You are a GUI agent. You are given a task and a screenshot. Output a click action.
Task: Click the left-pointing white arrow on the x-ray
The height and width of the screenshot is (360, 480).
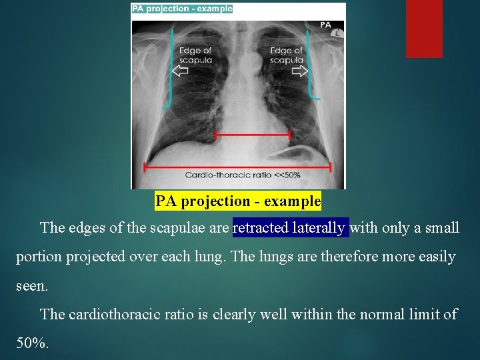click(x=180, y=71)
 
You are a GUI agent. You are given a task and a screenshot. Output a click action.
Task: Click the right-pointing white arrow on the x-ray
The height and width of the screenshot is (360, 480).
click(x=299, y=71)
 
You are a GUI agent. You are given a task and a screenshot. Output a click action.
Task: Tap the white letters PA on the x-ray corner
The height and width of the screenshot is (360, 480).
click(x=325, y=25)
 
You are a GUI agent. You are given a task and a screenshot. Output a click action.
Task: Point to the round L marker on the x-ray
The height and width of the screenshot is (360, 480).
click(x=339, y=33)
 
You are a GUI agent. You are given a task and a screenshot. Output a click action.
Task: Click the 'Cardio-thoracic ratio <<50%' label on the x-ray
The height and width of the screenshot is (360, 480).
click(x=243, y=175)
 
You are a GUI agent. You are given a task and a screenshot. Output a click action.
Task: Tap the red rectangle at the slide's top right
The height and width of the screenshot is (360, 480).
click(x=424, y=28)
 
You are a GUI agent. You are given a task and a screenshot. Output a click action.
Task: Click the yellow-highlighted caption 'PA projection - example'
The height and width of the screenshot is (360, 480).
click(x=238, y=201)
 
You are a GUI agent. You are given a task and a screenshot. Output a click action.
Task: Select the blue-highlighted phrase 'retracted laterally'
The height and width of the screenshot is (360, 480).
click(x=290, y=228)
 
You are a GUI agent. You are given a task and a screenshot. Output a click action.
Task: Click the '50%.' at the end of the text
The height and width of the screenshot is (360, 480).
click(x=32, y=343)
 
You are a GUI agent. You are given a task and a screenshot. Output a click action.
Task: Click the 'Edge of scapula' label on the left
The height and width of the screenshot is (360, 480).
click(x=195, y=55)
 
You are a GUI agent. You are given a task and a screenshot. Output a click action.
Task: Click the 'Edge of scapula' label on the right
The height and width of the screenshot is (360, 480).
click(x=287, y=55)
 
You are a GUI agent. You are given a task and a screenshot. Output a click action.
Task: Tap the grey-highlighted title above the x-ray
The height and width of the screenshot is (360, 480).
click(x=182, y=9)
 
